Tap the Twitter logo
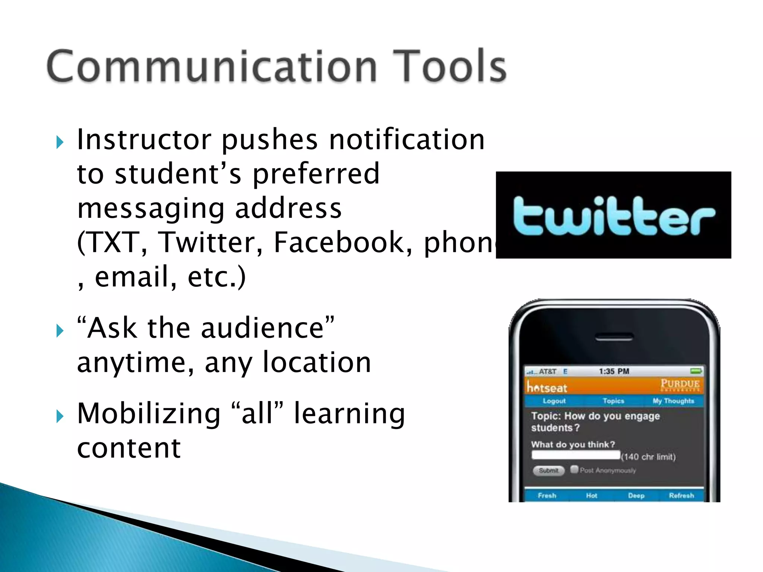[613, 215]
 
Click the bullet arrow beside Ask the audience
[60, 330]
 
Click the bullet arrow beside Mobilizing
[60, 416]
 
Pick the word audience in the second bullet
[262, 328]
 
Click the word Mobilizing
[149, 414]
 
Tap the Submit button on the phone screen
[548, 471]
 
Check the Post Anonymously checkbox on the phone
[574, 469]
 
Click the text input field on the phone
[576, 455]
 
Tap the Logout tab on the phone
[554, 401]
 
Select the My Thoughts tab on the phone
[673, 401]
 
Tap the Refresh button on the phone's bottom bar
[681, 496]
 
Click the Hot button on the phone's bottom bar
[592, 496]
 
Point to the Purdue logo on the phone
[680, 384]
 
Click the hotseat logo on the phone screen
[547, 388]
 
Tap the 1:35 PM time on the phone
[614, 371]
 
